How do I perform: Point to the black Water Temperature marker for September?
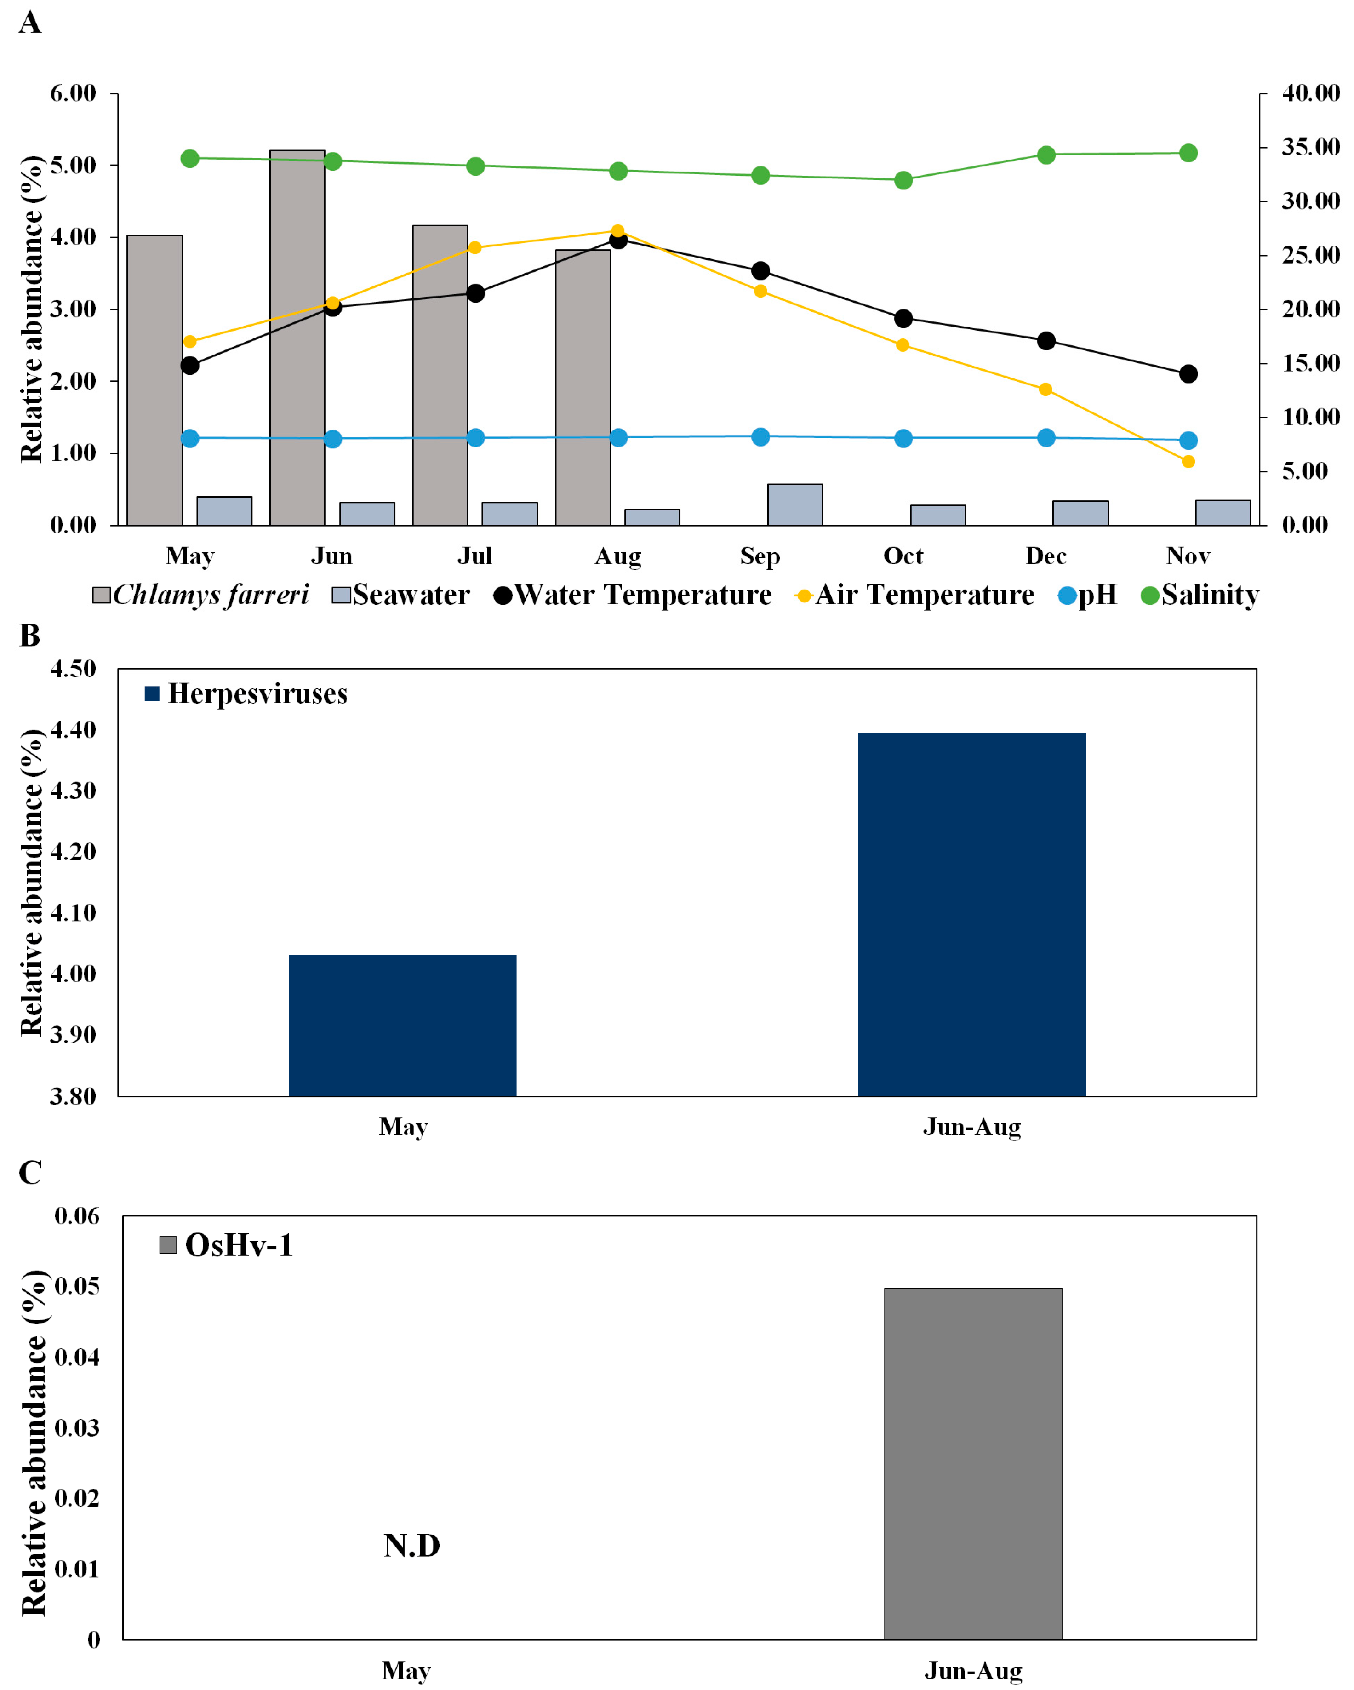(760, 270)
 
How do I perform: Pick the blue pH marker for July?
(475, 437)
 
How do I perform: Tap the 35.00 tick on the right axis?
(1310, 147)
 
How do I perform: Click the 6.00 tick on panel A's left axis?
(73, 93)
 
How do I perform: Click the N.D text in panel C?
(411, 1546)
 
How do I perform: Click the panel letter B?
(30, 636)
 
